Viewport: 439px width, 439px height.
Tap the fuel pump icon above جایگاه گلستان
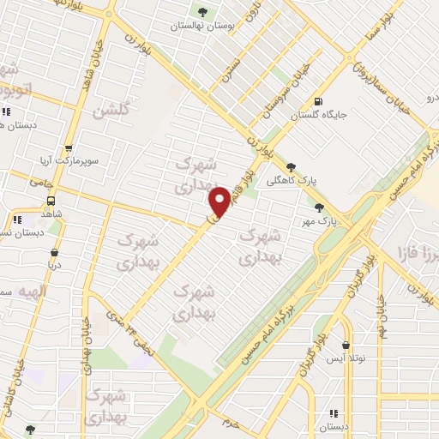319,100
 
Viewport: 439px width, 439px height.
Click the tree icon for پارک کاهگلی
292,167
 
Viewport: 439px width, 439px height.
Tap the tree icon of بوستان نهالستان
202,12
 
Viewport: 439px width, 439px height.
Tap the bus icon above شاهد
51,202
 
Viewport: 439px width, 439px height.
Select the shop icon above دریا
56,253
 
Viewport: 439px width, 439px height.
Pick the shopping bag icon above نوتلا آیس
346,346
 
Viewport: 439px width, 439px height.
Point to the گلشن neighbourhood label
112,110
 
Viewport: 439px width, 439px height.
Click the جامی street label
40,182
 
